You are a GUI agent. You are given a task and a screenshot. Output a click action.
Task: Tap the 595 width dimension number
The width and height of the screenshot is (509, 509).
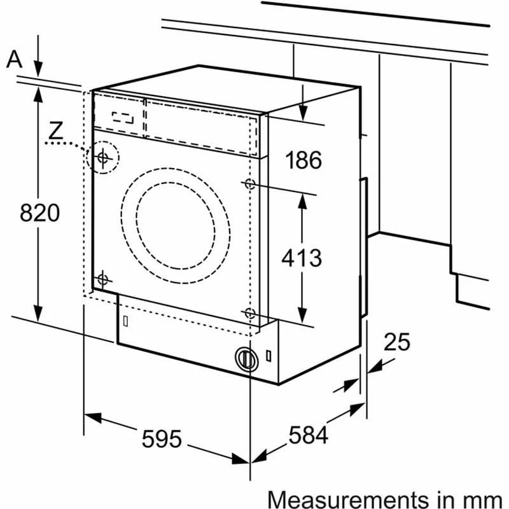click(x=162, y=438)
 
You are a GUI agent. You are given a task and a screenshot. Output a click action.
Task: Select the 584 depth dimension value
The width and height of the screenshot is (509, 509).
click(x=308, y=435)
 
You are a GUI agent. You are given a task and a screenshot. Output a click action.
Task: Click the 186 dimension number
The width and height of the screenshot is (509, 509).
click(x=302, y=160)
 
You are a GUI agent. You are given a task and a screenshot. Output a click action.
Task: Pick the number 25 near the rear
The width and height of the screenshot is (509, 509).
click(x=396, y=342)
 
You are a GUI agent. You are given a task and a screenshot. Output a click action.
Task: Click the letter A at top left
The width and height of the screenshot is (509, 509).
click(x=14, y=59)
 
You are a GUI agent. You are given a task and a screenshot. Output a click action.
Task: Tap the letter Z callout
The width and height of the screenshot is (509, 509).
click(x=56, y=131)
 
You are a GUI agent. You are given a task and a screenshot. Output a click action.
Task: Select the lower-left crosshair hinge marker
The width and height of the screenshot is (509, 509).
click(x=103, y=279)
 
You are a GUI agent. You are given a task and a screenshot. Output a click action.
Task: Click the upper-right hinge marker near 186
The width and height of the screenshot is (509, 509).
click(x=249, y=184)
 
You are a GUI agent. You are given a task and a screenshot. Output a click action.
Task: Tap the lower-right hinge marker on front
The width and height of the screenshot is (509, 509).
click(x=249, y=313)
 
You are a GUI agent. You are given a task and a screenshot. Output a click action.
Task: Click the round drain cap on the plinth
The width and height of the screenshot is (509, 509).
click(x=244, y=358)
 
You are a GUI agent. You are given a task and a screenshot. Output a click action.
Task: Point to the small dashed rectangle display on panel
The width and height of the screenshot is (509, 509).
click(x=124, y=118)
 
